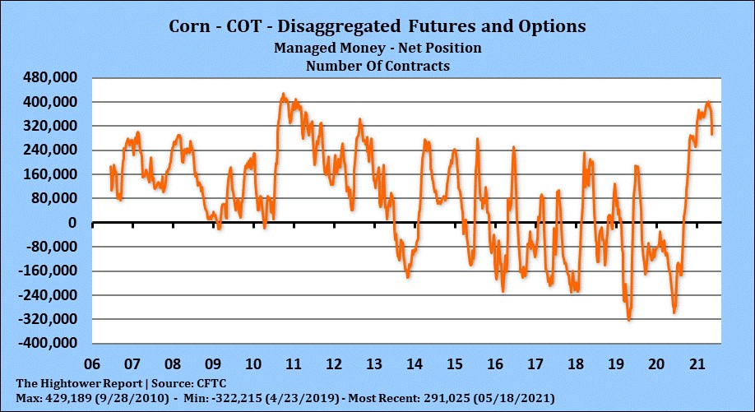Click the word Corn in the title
190,26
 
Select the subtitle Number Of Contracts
377,66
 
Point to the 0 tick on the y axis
72,223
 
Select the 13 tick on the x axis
373,363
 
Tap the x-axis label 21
697,363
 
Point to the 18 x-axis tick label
576,363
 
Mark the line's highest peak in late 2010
283,95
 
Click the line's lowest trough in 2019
629,320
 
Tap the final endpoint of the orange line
711,134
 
